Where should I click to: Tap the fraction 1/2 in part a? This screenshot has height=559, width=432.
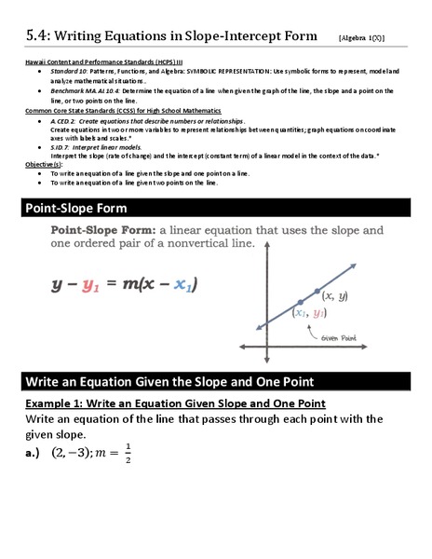coord(128,454)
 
